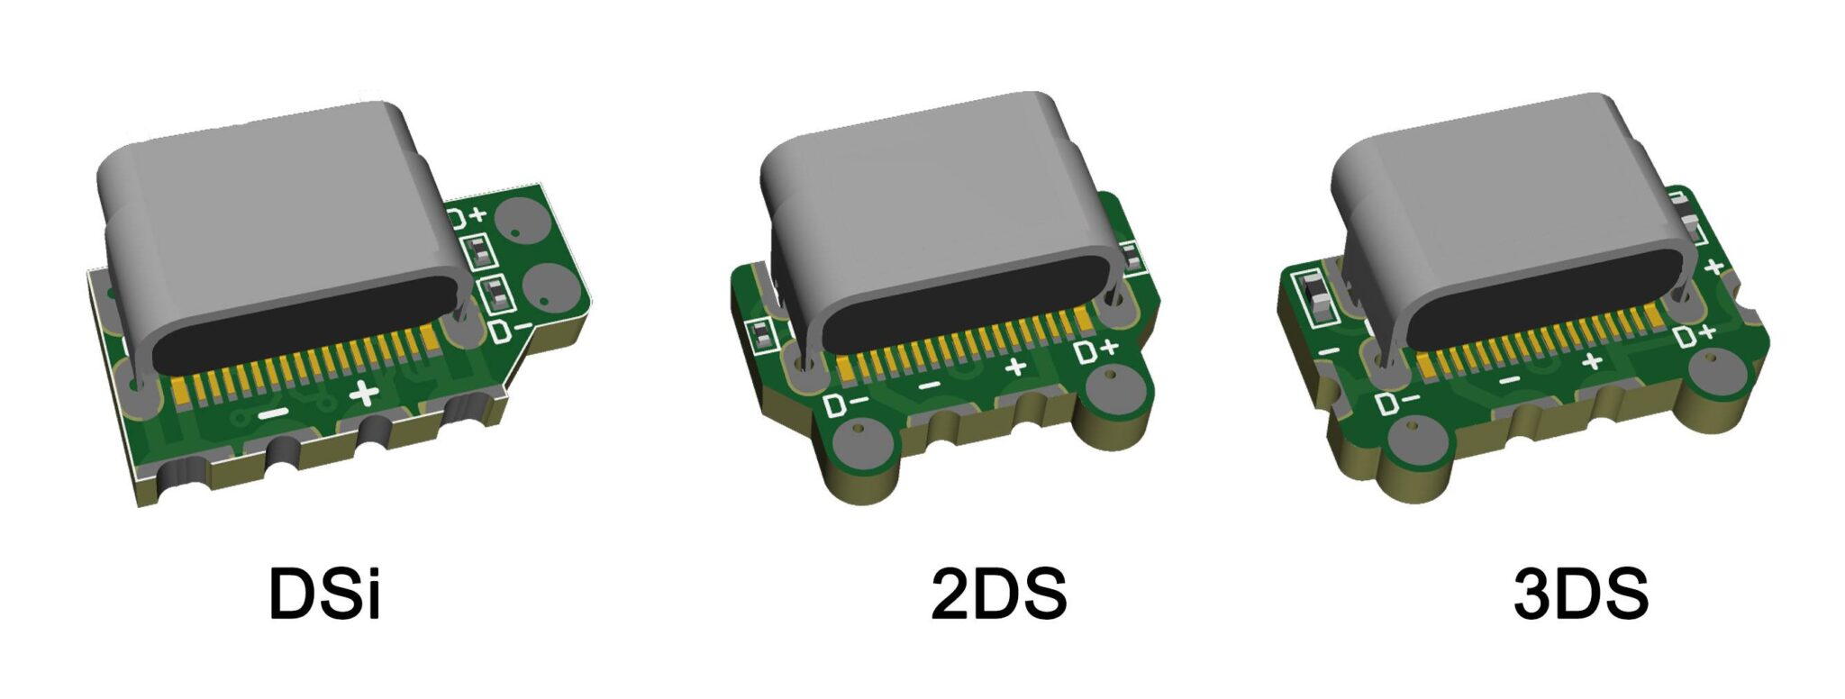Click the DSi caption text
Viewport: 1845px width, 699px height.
tap(324, 594)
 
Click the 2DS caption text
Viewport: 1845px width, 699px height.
tap(998, 594)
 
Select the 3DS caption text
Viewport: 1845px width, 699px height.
tap(1581, 594)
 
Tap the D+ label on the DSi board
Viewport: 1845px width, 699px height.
tap(468, 216)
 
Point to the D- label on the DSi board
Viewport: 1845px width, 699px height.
tap(510, 330)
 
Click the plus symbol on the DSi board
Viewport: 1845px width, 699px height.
tap(364, 394)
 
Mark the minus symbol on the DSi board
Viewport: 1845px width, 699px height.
tap(273, 413)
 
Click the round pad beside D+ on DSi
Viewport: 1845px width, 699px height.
tap(524, 220)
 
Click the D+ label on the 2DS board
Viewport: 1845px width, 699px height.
tap(1097, 350)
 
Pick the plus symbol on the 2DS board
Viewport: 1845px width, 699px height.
tap(1016, 367)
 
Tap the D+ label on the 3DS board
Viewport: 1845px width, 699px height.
tap(1695, 335)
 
